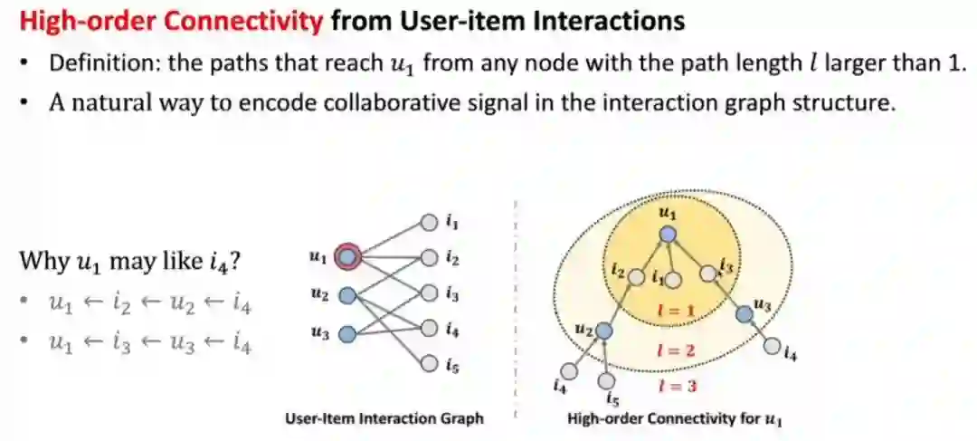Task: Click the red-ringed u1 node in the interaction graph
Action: pyautogui.click(x=347, y=258)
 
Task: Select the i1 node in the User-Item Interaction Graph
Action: pyautogui.click(x=429, y=222)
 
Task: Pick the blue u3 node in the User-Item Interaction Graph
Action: pyautogui.click(x=346, y=334)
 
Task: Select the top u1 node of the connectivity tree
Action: pyautogui.click(x=668, y=234)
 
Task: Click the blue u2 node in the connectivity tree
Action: pyautogui.click(x=605, y=331)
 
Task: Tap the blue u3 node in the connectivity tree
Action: pyautogui.click(x=744, y=313)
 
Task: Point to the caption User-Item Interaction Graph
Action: pyautogui.click(x=384, y=419)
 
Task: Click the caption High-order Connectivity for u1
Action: pyautogui.click(x=675, y=419)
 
